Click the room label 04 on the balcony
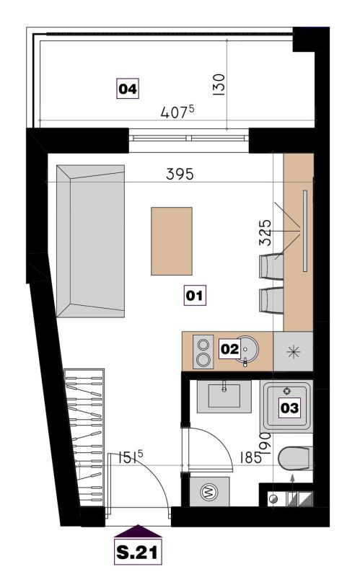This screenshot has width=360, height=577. click(x=128, y=89)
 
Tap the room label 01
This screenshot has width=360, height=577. click(x=195, y=295)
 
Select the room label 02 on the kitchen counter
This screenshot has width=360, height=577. click(x=229, y=348)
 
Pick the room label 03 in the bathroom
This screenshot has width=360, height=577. click(x=289, y=408)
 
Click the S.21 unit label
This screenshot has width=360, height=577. click(x=138, y=552)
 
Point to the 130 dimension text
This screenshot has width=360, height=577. click(x=219, y=84)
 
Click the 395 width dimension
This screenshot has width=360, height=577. click(x=180, y=174)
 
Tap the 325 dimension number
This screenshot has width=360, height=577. click(x=265, y=232)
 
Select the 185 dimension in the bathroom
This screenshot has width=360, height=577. click(x=250, y=458)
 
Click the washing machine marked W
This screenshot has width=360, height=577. click(x=209, y=491)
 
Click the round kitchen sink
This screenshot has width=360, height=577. click(x=245, y=350)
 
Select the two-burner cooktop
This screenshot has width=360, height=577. click(x=203, y=352)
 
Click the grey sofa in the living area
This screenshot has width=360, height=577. click(x=90, y=241)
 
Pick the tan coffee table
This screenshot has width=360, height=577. click(x=172, y=241)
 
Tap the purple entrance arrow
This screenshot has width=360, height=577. click(x=138, y=531)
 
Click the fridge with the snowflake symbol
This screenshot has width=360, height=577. click(x=293, y=351)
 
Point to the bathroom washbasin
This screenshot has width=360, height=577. click(x=224, y=396)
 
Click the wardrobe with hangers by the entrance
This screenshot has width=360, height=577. click(x=84, y=438)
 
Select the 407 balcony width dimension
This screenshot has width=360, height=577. click(x=177, y=112)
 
